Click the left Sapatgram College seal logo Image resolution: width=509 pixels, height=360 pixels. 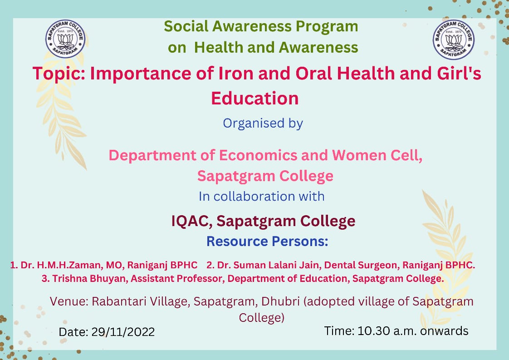point(65,39)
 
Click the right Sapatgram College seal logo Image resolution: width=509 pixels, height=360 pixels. point(454,39)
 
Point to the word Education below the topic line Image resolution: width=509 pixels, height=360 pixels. point(255,98)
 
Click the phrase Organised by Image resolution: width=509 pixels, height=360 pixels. point(263,123)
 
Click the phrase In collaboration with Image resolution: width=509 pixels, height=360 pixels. point(262,196)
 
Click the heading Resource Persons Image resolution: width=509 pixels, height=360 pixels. point(268,242)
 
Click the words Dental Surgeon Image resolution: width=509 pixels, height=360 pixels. point(361,266)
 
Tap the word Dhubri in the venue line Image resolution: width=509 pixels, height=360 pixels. point(280,301)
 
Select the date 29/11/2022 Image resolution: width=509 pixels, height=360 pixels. point(123,332)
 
